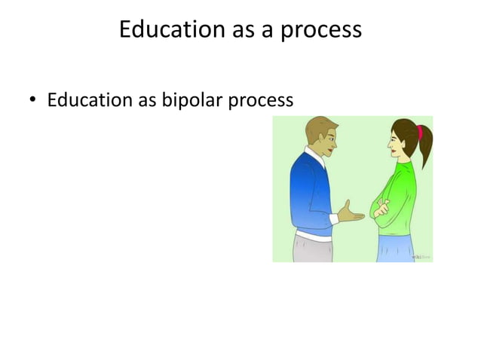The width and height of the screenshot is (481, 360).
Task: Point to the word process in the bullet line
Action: tap(261, 101)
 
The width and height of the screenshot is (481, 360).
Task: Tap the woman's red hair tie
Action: tap(419, 133)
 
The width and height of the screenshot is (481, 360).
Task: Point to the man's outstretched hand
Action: tap(351, 213)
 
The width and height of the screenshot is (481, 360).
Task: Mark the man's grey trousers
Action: tap(309, 251)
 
